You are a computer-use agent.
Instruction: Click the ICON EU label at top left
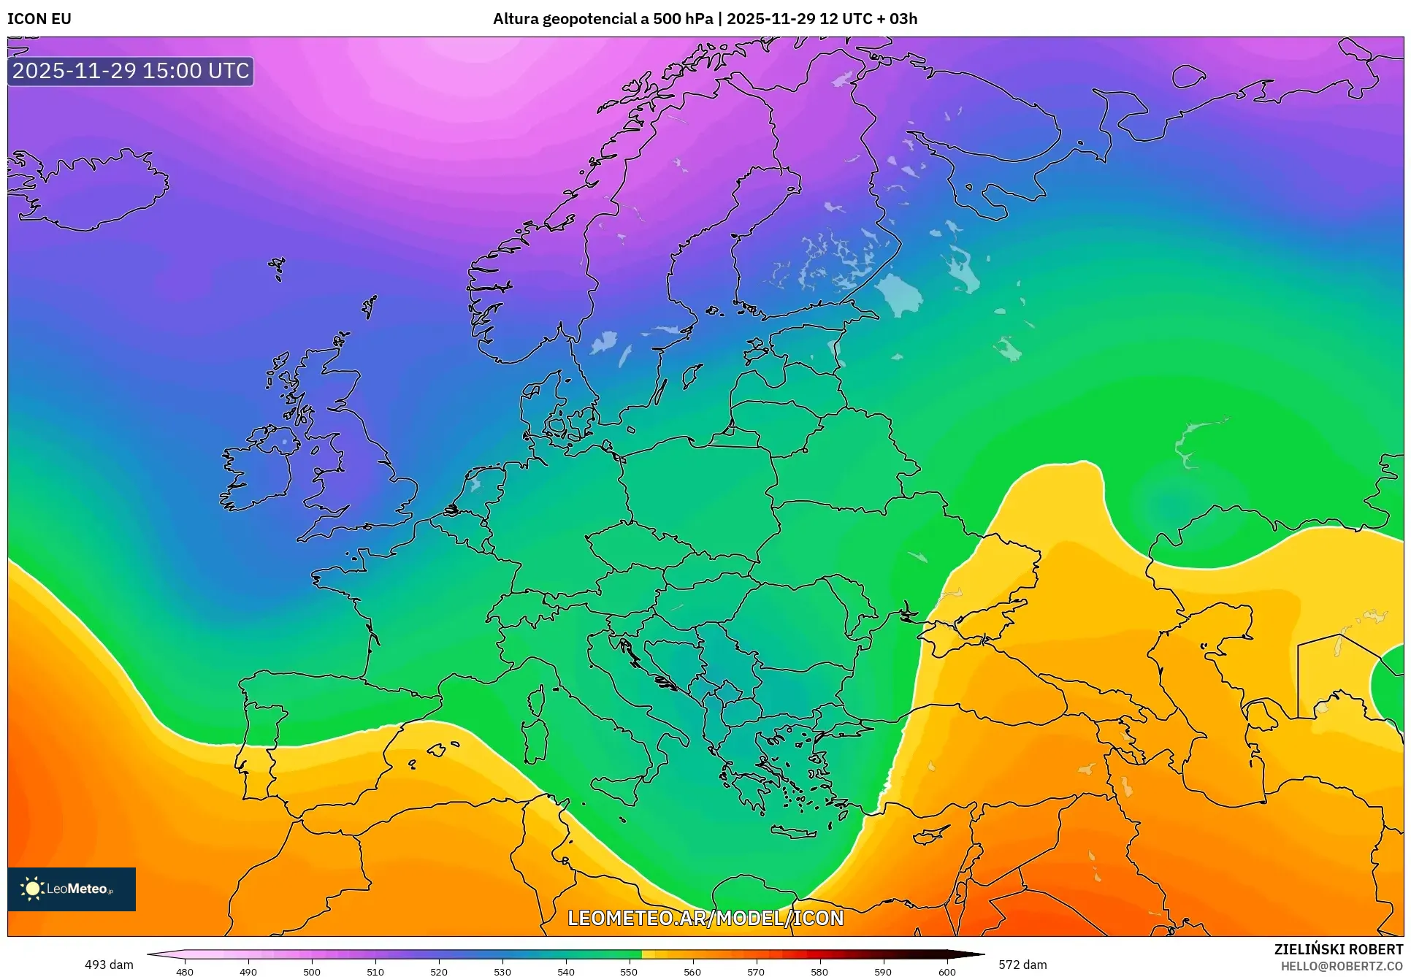point(39,19)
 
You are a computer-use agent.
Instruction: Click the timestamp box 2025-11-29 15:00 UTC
point(131,71)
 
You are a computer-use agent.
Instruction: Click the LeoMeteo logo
point(72,889)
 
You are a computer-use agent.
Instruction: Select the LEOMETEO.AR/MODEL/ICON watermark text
point(705,918)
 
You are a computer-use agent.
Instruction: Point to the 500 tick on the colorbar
point(312,971)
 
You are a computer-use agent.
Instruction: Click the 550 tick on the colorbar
point(629,971)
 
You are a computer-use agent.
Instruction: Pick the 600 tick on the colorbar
point(947,971)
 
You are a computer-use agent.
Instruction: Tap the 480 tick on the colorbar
point(185,971)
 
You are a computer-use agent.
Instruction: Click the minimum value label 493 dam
point(109,965)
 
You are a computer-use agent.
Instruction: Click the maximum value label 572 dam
point(1022,965)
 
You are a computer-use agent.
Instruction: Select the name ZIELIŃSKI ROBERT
point(1339,949)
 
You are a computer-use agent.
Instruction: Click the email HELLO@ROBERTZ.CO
point(1342,966)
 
